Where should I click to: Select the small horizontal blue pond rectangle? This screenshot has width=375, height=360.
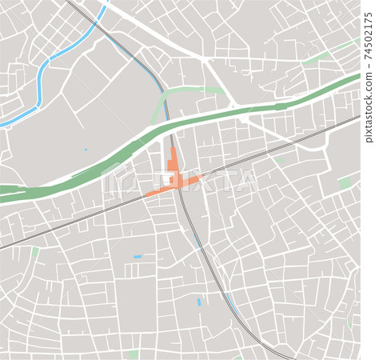point(138,257)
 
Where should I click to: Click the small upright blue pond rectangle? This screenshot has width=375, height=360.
point(199,302)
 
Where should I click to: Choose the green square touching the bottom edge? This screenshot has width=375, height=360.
point(134,354)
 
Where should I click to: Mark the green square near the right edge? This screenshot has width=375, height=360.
point(344,183)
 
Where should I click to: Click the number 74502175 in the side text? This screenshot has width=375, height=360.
point(368,31)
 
